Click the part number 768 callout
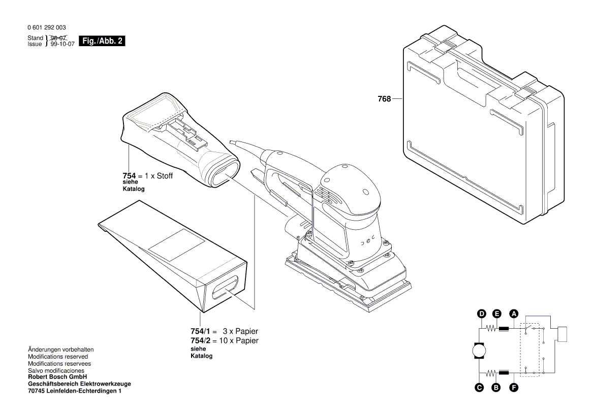(384, 99)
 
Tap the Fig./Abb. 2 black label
(102, 41)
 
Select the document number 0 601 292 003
(46, 28)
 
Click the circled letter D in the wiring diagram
(481, 314)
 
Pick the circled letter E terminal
(497, 314)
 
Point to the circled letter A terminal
(514, 314)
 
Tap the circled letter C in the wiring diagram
(479, 388)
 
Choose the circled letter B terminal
(497, 388)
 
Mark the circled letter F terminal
(514, 388)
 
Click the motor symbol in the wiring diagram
(479, 351)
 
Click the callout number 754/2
(200, 340)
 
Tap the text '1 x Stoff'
(159, 176)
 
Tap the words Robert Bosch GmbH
(57, 377)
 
